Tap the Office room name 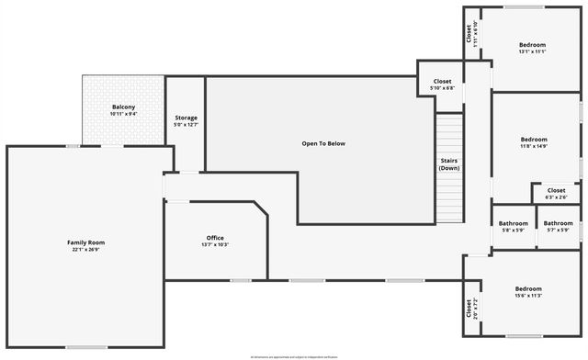[214, 238]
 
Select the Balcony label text [123, 107]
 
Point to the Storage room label [186, 118]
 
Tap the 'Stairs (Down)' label [449, 164]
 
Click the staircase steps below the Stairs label [449, 197]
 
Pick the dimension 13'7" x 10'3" [214, 244]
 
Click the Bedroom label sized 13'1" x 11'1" [532, 45]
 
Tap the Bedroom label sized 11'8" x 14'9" [534, 139]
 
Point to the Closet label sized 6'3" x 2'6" [556, 190]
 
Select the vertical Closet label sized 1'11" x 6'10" [469, 33]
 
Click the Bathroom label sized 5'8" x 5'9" [513, 223]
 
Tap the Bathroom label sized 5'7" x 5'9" [558, 223]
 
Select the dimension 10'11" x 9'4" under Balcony [123, 115]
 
